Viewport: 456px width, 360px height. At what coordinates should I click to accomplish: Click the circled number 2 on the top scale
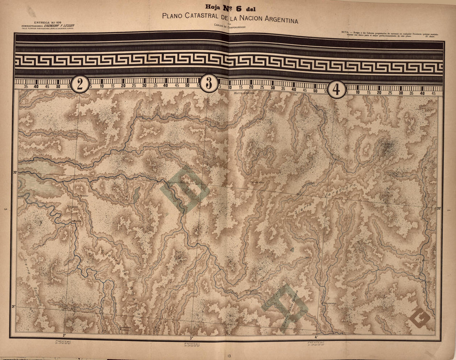pos(80,85)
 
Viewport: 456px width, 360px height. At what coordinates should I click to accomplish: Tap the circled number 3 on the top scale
pos(209,83)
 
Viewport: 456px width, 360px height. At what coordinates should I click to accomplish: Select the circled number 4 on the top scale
pos(337,89)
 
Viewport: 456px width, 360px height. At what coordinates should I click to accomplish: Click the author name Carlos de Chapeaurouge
pos(230,29)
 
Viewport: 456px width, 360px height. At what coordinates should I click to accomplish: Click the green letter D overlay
pos(185,189)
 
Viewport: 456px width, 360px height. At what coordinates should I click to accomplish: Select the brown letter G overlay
pos(420,317)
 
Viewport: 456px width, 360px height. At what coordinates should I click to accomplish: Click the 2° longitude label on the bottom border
pos(64,335)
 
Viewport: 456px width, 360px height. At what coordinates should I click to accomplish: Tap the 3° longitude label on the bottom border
pos(192,338)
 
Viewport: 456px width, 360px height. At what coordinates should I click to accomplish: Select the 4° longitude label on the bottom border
pos(316,338)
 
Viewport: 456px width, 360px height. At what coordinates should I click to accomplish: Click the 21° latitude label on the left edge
pos(13,307)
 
